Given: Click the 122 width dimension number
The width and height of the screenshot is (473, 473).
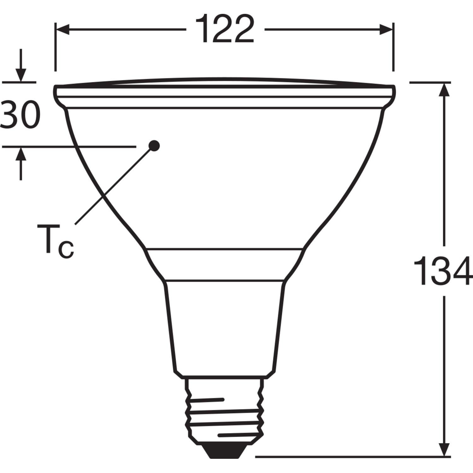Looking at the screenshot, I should [225, 29].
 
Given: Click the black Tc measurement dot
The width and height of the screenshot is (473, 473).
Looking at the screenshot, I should [154, 145].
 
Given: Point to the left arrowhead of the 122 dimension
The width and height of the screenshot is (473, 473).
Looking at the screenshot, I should [62, 30].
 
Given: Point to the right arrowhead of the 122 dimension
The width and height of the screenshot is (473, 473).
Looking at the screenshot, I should [386, 30].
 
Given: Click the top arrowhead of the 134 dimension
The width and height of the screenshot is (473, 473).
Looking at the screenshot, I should [444, 90].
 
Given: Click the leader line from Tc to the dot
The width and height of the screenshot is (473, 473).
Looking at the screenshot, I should [114, 186].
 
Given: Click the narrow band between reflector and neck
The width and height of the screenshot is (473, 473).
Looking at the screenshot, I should [225, 264].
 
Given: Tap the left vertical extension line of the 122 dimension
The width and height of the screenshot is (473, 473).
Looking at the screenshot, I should [55, 47].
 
